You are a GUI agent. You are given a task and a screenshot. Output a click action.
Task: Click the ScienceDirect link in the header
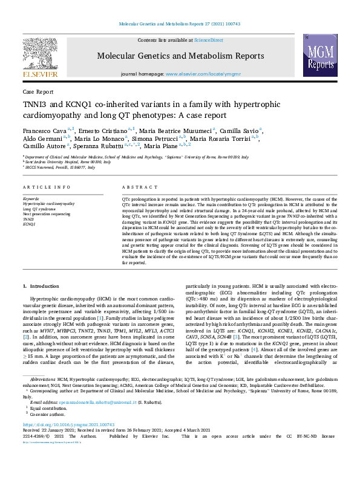(x=208, y=40)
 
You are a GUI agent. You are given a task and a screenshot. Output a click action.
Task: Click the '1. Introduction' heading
(x=41, y=285)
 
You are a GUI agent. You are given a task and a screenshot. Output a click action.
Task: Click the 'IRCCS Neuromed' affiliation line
(x=61, y=167)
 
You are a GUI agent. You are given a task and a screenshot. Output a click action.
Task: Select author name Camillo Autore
(x=44, y=146)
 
